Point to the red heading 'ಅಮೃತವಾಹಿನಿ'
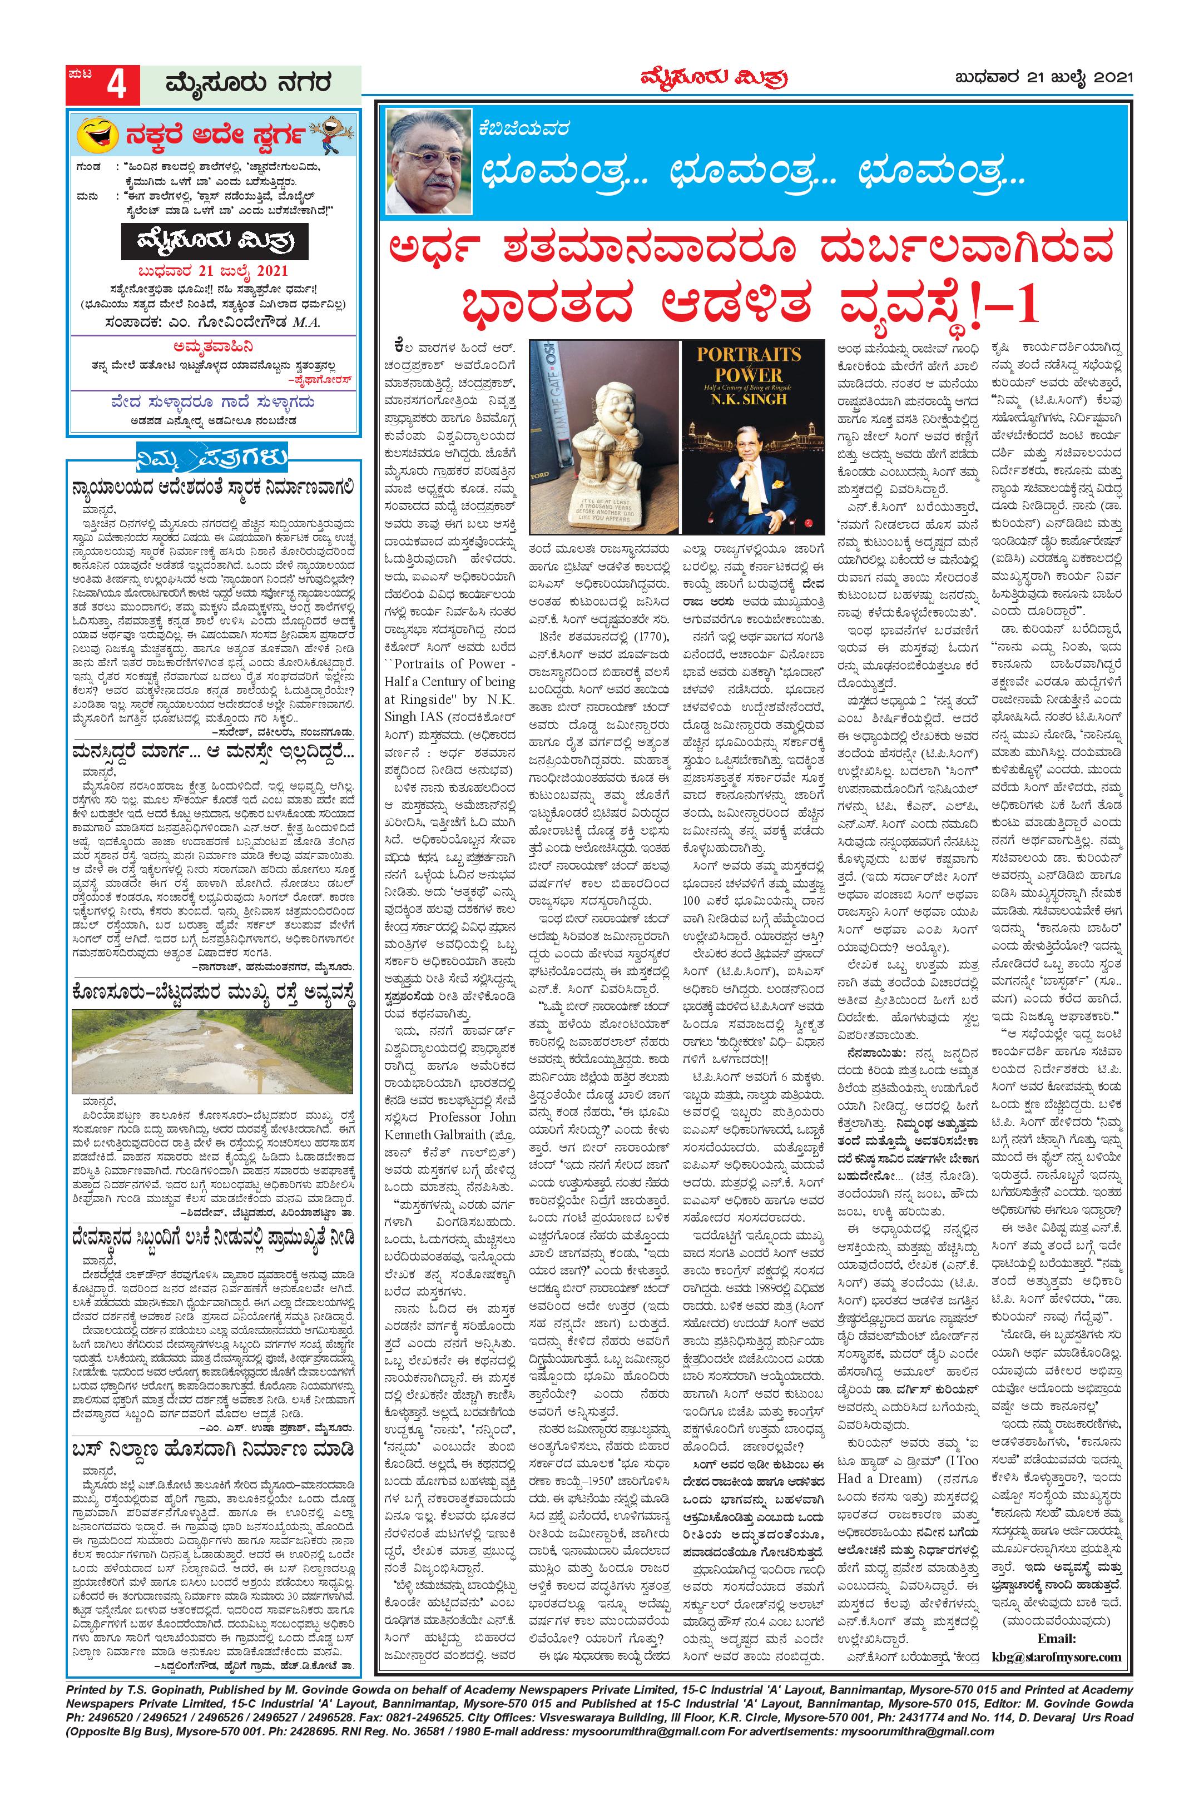pos(212,343)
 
